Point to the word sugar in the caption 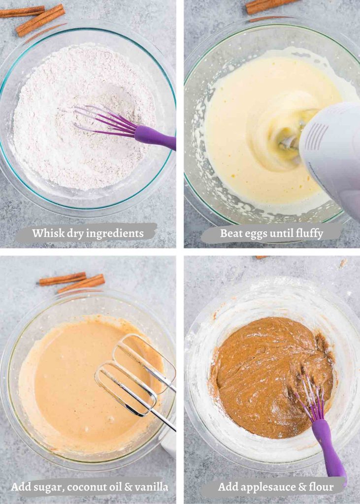pos(45,488)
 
